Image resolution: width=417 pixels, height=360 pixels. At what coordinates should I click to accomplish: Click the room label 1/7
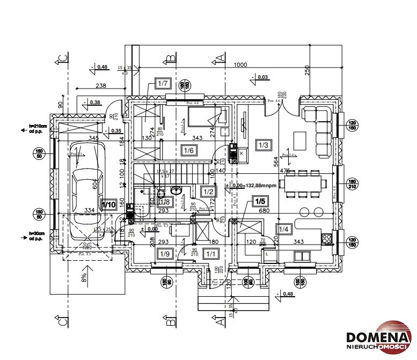163,83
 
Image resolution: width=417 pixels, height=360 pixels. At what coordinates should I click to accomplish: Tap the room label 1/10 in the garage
109,204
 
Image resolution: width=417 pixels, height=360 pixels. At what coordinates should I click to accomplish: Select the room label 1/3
264,145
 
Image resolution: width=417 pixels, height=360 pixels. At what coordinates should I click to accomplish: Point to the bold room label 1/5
260,202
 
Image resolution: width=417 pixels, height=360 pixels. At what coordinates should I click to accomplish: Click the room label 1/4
283,230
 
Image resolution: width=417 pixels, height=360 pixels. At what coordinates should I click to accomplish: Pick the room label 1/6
188,151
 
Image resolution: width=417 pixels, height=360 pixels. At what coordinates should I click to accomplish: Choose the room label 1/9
165,254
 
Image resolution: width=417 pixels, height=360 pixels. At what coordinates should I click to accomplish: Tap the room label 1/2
208,192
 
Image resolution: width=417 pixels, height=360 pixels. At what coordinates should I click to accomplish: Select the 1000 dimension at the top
240,65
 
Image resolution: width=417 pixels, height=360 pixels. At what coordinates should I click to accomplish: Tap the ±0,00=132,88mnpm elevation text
253,186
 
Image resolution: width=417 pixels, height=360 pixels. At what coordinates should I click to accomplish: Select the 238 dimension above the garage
101,85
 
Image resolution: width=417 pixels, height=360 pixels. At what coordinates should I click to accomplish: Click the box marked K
242,153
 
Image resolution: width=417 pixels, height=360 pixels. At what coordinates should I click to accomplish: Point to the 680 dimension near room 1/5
264,211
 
